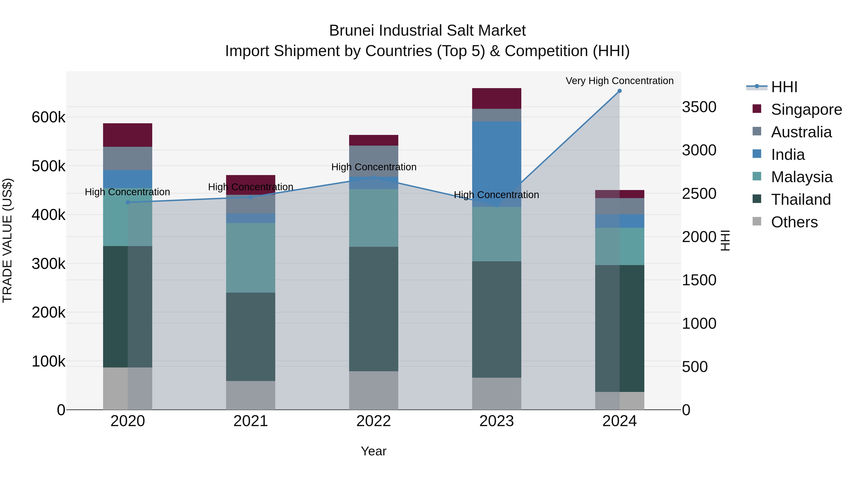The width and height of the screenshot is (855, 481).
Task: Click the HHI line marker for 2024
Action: point(619,91)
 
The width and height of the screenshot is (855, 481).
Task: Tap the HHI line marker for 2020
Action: point(128,202)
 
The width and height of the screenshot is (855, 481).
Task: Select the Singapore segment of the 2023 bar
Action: point(497,99)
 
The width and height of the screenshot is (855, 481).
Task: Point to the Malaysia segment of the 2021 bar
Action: point(251,257)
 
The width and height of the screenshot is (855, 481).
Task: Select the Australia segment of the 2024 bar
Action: point(619,206)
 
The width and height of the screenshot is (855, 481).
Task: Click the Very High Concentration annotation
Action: point(619,81)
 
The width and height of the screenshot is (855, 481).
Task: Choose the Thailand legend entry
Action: point(801,200)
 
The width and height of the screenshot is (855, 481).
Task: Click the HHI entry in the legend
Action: point(784,87)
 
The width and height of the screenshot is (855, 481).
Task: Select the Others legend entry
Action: point(794,222)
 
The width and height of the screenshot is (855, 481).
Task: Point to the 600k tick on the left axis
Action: point(48,117)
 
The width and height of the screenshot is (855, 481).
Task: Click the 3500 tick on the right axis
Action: point(699,107)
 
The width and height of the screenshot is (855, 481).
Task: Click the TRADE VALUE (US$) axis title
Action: point(7,240)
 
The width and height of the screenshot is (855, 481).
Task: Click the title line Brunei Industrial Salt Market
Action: point(427,31)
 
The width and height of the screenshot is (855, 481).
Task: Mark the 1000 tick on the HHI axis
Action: point(699,324)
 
